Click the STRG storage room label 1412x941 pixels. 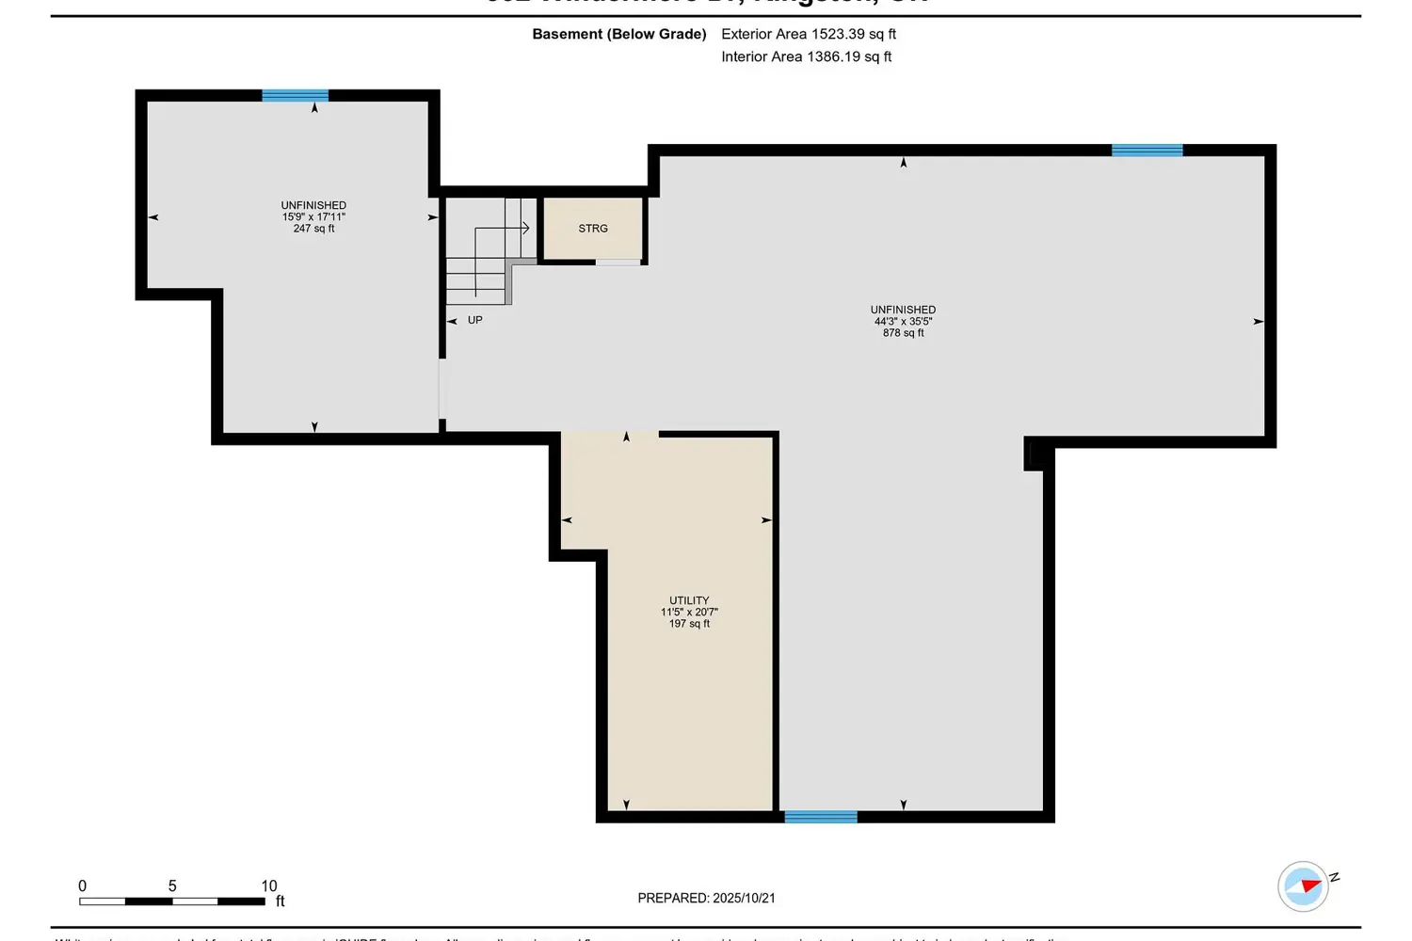click(x=593, y=229)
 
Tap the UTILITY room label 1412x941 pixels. click(x=689, y=600)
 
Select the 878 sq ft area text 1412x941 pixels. click(x=903, y=333)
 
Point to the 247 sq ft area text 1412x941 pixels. click(x=313, y=229)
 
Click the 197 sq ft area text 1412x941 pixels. click(x=689, y=624)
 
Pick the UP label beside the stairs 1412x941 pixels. click(x=474, y=320)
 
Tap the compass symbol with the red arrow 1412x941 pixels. click(x=1304, y=885)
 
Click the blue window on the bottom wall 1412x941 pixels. click(x=821, y=817)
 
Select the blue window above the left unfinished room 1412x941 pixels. click(x=295, y=95)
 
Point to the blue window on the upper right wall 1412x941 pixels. click(x=1147, y=151)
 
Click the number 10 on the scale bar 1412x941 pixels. click(x=269, y=885)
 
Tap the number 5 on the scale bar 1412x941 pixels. click(x=172, y=885)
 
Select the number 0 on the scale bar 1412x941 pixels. click(x=82, y=885)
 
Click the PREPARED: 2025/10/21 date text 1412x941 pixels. click(x=706, y=899)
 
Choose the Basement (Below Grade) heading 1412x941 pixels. click(x=618, y=34)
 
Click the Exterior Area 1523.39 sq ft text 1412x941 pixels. click(x=808, y=34)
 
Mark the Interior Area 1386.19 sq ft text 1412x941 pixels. click(x=806, y=56)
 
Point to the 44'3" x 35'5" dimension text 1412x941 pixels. click(x=903, y=321)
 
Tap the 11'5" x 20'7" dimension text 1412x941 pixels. click(x=689, y=613)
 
